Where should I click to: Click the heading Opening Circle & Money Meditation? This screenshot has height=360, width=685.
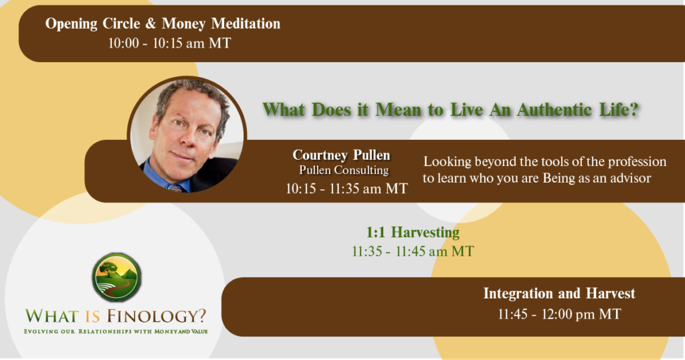tap(163, 24)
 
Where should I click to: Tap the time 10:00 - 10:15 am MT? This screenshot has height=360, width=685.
tap(163, 43)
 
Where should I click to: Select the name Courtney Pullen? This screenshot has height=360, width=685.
tap(341, 155)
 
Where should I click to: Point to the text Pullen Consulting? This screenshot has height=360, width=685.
tap(344, 171)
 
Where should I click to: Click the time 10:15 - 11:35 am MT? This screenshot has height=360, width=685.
tap(346, 188)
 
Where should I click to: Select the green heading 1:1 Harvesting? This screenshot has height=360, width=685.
tap(413, 233)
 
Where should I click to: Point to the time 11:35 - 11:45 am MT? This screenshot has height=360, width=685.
tap(413, 252)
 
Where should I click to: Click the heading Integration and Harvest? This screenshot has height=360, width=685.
tap(559, 293)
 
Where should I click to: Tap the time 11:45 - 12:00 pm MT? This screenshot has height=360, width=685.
tap(559, 313)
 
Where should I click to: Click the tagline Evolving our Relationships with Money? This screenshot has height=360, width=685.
tap(116, 331)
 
